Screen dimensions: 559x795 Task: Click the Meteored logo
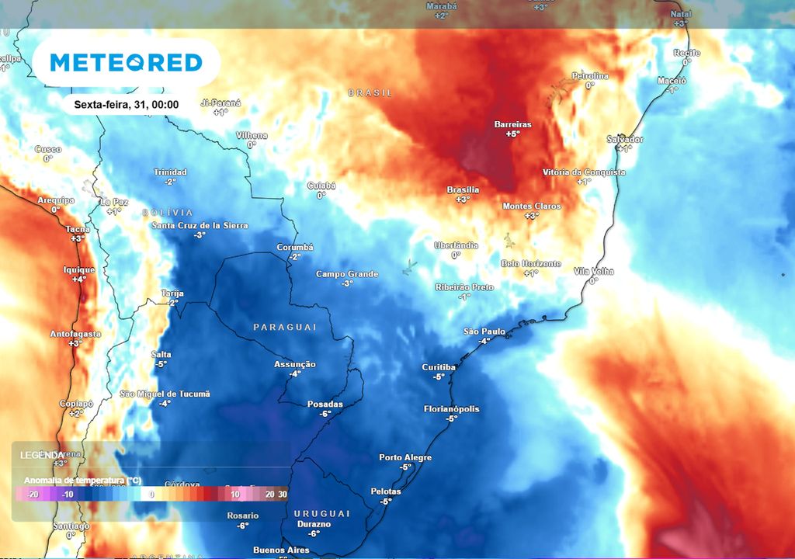pos(126,63)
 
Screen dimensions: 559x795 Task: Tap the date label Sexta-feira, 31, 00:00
pos(127,105)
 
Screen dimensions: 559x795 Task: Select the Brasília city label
pos(463,189)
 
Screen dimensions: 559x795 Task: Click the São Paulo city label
pos(484,332)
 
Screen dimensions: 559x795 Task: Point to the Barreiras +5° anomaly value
pos(512,134)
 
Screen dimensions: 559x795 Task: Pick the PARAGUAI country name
pos(285,328)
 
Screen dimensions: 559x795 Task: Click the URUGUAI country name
pos(322,514)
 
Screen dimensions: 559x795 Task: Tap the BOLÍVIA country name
pos(168,213)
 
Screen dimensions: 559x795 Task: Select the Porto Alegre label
pos(405,457)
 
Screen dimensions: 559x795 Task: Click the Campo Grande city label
pos(347,274)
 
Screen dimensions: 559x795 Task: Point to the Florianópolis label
pos(452,409)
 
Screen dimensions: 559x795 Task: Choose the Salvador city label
pos(625,139)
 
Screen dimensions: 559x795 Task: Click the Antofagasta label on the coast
pos(75,334)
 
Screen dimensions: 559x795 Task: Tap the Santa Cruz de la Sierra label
pos(200,225)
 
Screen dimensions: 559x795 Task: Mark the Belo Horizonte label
pos(531,264)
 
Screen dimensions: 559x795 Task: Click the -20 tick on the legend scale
pos(32,494)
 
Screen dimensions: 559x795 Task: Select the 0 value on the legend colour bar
pos(152,494)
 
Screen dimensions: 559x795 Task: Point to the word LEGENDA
pos(42,454)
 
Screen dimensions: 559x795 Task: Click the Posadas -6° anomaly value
pos(325,414)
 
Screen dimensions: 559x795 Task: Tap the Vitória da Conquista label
pos(584,172)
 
